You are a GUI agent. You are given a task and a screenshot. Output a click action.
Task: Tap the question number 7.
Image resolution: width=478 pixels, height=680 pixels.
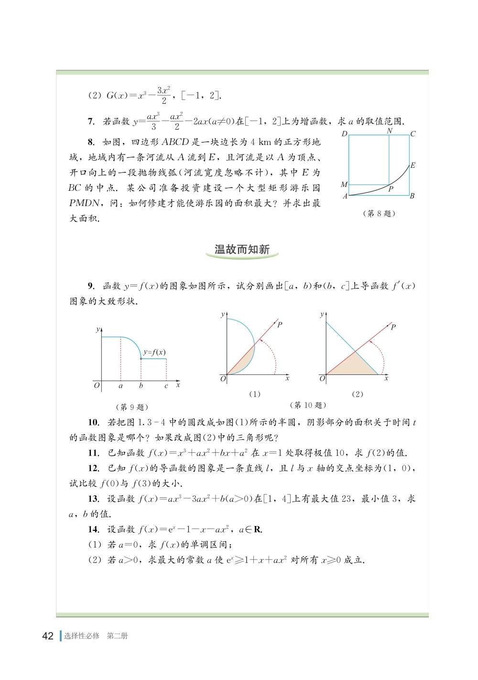pyautogui.click(x=91, y=122)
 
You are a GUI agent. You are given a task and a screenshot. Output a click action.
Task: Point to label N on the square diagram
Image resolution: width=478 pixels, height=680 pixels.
pyautogui.click(x=390, y=131)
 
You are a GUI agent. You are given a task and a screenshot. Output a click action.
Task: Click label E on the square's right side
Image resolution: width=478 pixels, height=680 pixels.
pyautogui.click(x=413, y=165)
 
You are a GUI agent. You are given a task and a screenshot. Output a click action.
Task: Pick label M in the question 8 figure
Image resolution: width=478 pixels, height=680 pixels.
pyautogui.click(x=344, y=185)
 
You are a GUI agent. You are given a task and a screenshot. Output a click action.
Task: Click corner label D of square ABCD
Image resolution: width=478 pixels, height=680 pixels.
pyautogui.click(x=344, y=134)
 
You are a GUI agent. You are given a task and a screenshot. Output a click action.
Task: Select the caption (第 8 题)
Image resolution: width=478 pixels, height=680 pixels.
pyautogui.click(x=380, y=214)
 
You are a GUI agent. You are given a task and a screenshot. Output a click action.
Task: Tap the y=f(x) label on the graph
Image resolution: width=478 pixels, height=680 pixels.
pyautogui.click(x=154, y=352)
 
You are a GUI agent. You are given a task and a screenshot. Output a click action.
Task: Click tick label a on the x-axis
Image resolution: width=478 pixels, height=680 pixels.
pyautogui.click(x=120, y=385)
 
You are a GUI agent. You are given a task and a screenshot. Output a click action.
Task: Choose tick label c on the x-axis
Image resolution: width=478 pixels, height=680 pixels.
pyautogui.click(x=166, y=385)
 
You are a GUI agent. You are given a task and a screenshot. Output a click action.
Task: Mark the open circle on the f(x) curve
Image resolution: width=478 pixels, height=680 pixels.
pyautogui.click(x=141, y=359)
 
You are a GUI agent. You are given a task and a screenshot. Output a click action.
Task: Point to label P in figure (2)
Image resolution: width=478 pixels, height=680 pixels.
pyautogui.click(x=393, y=327)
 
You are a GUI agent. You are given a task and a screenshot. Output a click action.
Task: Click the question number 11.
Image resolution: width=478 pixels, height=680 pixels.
pyautogui.click(x=93, y=453)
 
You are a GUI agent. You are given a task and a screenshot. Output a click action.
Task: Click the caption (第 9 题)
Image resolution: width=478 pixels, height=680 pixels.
pyautogui.click(x=132, y=407)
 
